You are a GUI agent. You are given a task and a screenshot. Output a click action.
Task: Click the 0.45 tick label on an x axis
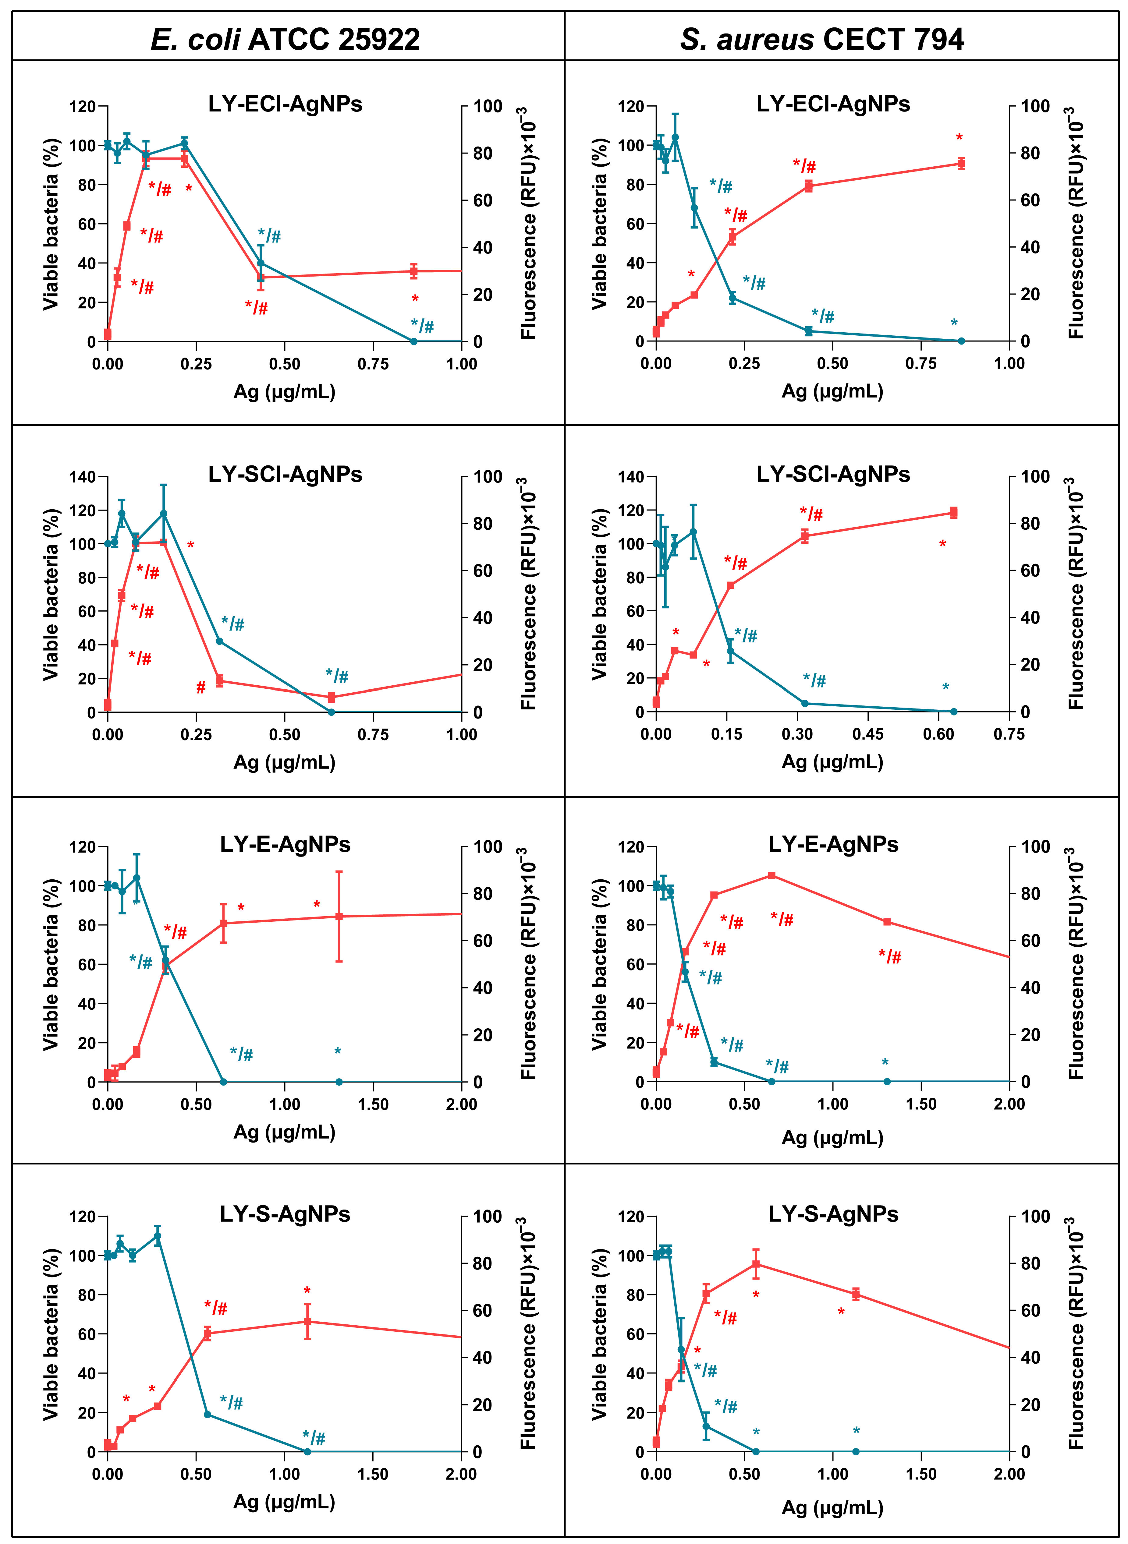867,734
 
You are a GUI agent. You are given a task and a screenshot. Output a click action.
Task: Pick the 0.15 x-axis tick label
726,734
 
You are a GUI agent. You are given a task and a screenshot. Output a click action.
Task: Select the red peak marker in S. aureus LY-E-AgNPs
772,875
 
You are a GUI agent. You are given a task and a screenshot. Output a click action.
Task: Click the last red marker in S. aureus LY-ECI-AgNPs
961,163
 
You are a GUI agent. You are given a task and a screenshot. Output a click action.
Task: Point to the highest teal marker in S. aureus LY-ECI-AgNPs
675,137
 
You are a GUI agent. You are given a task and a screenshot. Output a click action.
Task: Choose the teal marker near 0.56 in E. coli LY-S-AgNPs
207,1414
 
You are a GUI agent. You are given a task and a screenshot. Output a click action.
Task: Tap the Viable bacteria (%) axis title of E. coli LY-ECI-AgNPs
51,224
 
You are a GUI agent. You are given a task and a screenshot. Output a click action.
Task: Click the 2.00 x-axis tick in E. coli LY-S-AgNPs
461,1474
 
